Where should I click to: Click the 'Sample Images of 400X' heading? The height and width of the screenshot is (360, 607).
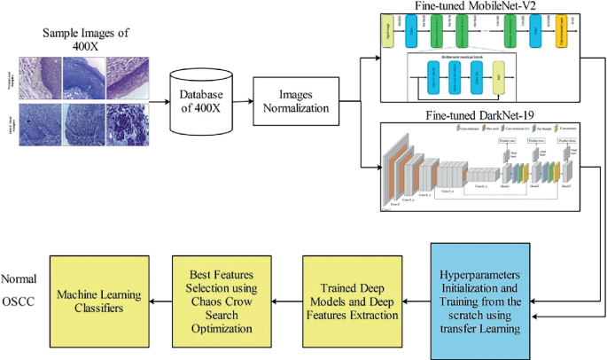(x=86, y=40)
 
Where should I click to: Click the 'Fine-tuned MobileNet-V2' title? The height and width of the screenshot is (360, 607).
(x=479, y=7)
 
